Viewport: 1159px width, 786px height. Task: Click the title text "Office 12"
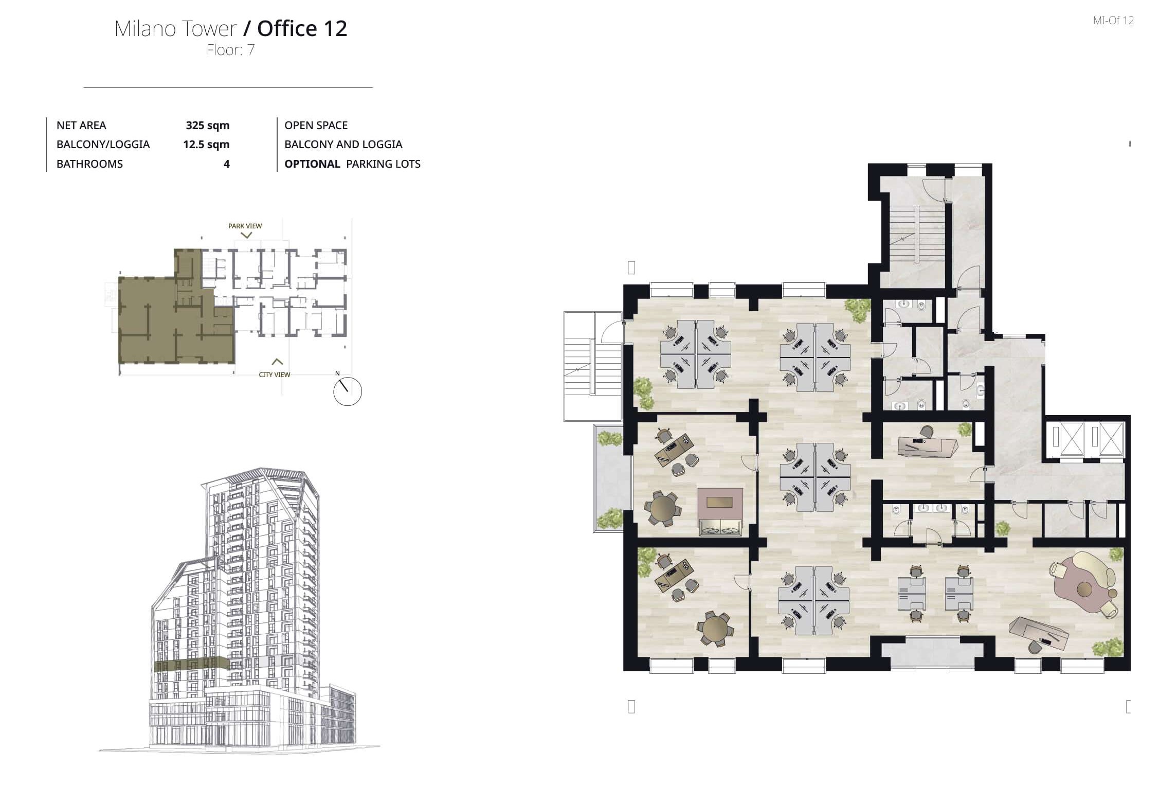pyautogui.click(x=302, y=29)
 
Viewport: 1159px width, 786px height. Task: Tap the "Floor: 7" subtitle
pyautogui.click(x=230, y=50)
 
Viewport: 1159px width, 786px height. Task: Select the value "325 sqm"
pyautogui.click(x=208, y=126)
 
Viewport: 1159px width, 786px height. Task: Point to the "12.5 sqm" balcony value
pyautogui.click(x=206, y=145)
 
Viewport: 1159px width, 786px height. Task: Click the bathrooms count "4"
pyautogui.click(x=226, y=164)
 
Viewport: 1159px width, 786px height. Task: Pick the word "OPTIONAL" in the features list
pyautogui.click(x=312, y=164)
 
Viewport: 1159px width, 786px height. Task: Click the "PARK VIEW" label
pyautogui.click(x=245, y=226)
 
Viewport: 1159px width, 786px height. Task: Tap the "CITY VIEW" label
pyautogui.click(x=275, y=374)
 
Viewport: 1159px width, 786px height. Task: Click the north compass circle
pyautogui.click(x=348, y=391)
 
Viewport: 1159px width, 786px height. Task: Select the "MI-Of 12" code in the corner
pyautogui.click(x=1113, y=21)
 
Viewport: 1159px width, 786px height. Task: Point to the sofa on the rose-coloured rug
pyautogui.click(x=720, y=526)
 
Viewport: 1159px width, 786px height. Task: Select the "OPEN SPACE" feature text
pyautogui.click(x=316, y=126)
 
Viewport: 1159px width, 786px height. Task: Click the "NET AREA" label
pyautogui.click(x=81, y=126)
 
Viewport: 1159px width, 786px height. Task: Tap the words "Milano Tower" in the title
pyautogui.click(x=176, y=29)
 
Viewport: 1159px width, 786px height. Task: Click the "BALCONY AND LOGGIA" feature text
pyautogui.click(x=343, y=145)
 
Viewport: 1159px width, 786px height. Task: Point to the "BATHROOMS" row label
pyautogui.click(x=89, y=164)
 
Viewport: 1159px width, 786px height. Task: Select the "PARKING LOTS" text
pyautogui.click(x=384, y=164)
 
